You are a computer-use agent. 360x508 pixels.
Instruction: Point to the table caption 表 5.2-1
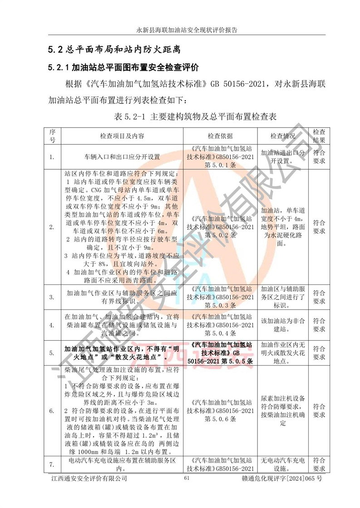coord(196,117)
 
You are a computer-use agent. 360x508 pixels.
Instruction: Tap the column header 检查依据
coord(220,136)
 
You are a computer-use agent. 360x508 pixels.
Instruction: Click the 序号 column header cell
coord(52,136)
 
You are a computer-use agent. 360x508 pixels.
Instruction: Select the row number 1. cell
coord(52,157)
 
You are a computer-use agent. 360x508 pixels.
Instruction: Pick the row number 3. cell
coord(52,297)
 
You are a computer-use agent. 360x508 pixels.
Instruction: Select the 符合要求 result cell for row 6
coord(319,410)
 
